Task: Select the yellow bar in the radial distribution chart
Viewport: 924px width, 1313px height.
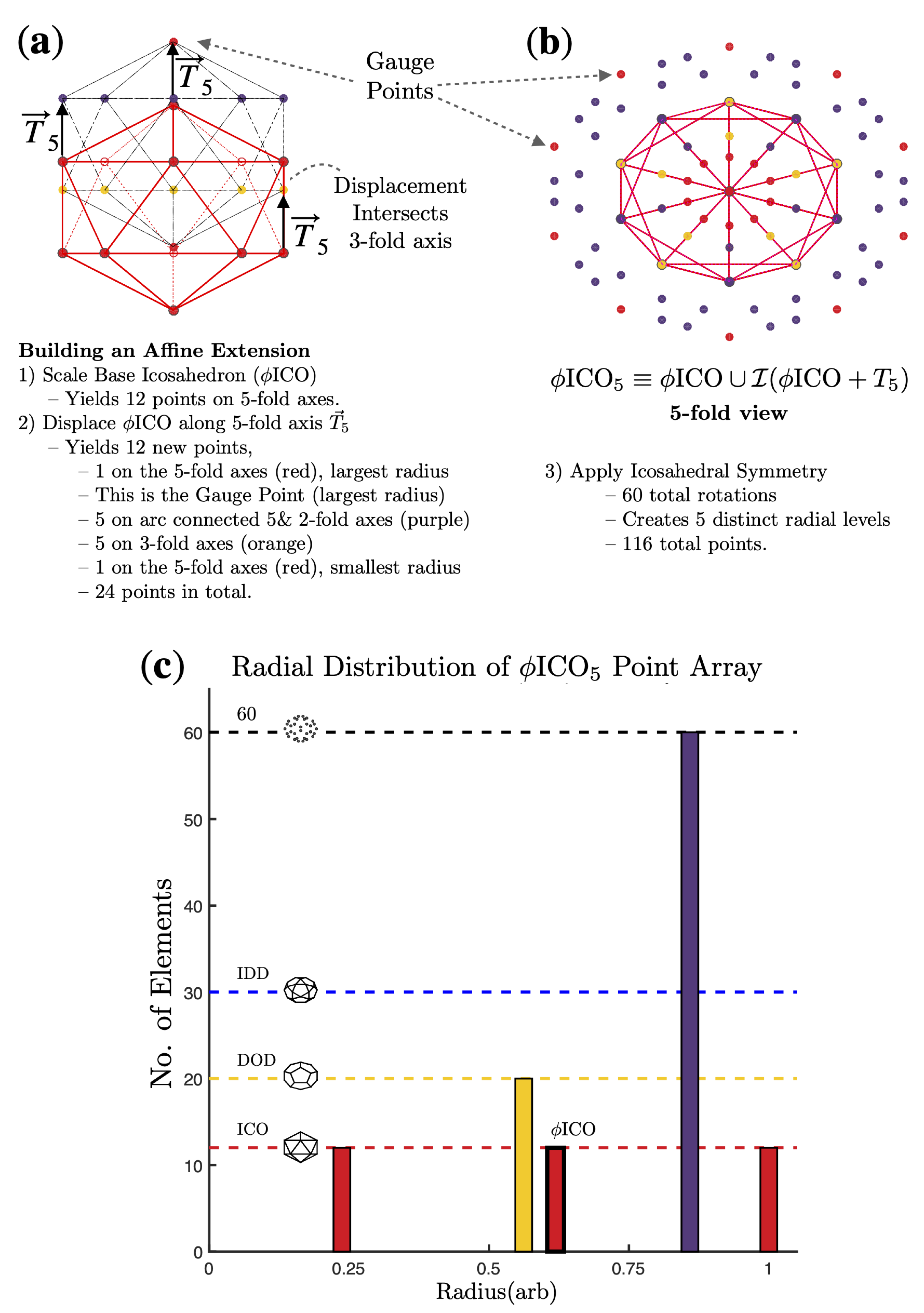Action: pos(523,1167)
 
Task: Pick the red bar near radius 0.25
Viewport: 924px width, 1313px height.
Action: pos(341,1201)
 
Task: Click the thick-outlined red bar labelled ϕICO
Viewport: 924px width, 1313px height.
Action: pos(555,1201)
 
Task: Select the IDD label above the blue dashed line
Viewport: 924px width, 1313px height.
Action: pos(253,973)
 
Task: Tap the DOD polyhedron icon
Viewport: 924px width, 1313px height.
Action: pos(301,1076)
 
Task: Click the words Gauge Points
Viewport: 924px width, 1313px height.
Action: pos(400,76)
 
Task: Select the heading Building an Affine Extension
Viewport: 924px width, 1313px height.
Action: pos(164,350)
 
